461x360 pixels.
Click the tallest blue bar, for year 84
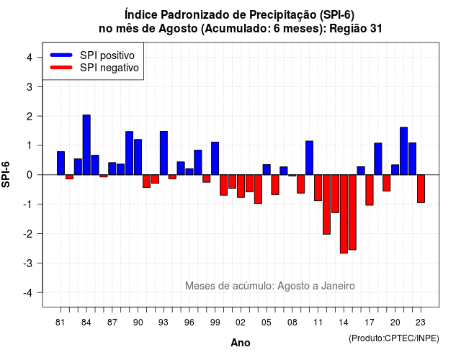pyautogui.click(x=86, y=145)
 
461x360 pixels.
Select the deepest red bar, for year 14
pyautogui.click(x=344, y=214)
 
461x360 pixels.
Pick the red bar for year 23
pyautogui.click(x=421, y=189)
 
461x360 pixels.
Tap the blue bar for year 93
pyautogui.click(x=164, y=153)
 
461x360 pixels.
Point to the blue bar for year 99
pyautogui.click(x=215, y=158)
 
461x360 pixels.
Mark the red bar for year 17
pyautogui.click(x=370, y=190)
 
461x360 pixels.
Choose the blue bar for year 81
pyautogui.click(x=61, y=163)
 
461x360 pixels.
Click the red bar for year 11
pyautogui.click(x=318, y=188)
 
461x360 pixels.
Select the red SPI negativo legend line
pyautogui.click(x=61, y=68)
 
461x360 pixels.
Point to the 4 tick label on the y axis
pyautogui.click(x=30, y=58)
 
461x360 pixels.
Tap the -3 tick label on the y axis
pyautogui.click(x=28, y=263)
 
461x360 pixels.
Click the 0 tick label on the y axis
pyautogui.click(x=30, y=175)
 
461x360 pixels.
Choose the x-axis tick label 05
pyautogui.click(x=267, y=323)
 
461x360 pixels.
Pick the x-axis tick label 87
pyautogui.click(x=112, y=323)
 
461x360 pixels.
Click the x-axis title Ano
pyautogui.click(x=241, y=343)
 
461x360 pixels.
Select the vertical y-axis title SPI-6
pyautogui.click(x=6, y=174)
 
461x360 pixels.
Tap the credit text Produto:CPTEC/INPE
pyautogui.click(x=394, y=338)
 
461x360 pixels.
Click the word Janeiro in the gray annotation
pyautogui.click(x=338, y=286)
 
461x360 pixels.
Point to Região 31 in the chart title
pyautogui.click(x=356, y=29)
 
